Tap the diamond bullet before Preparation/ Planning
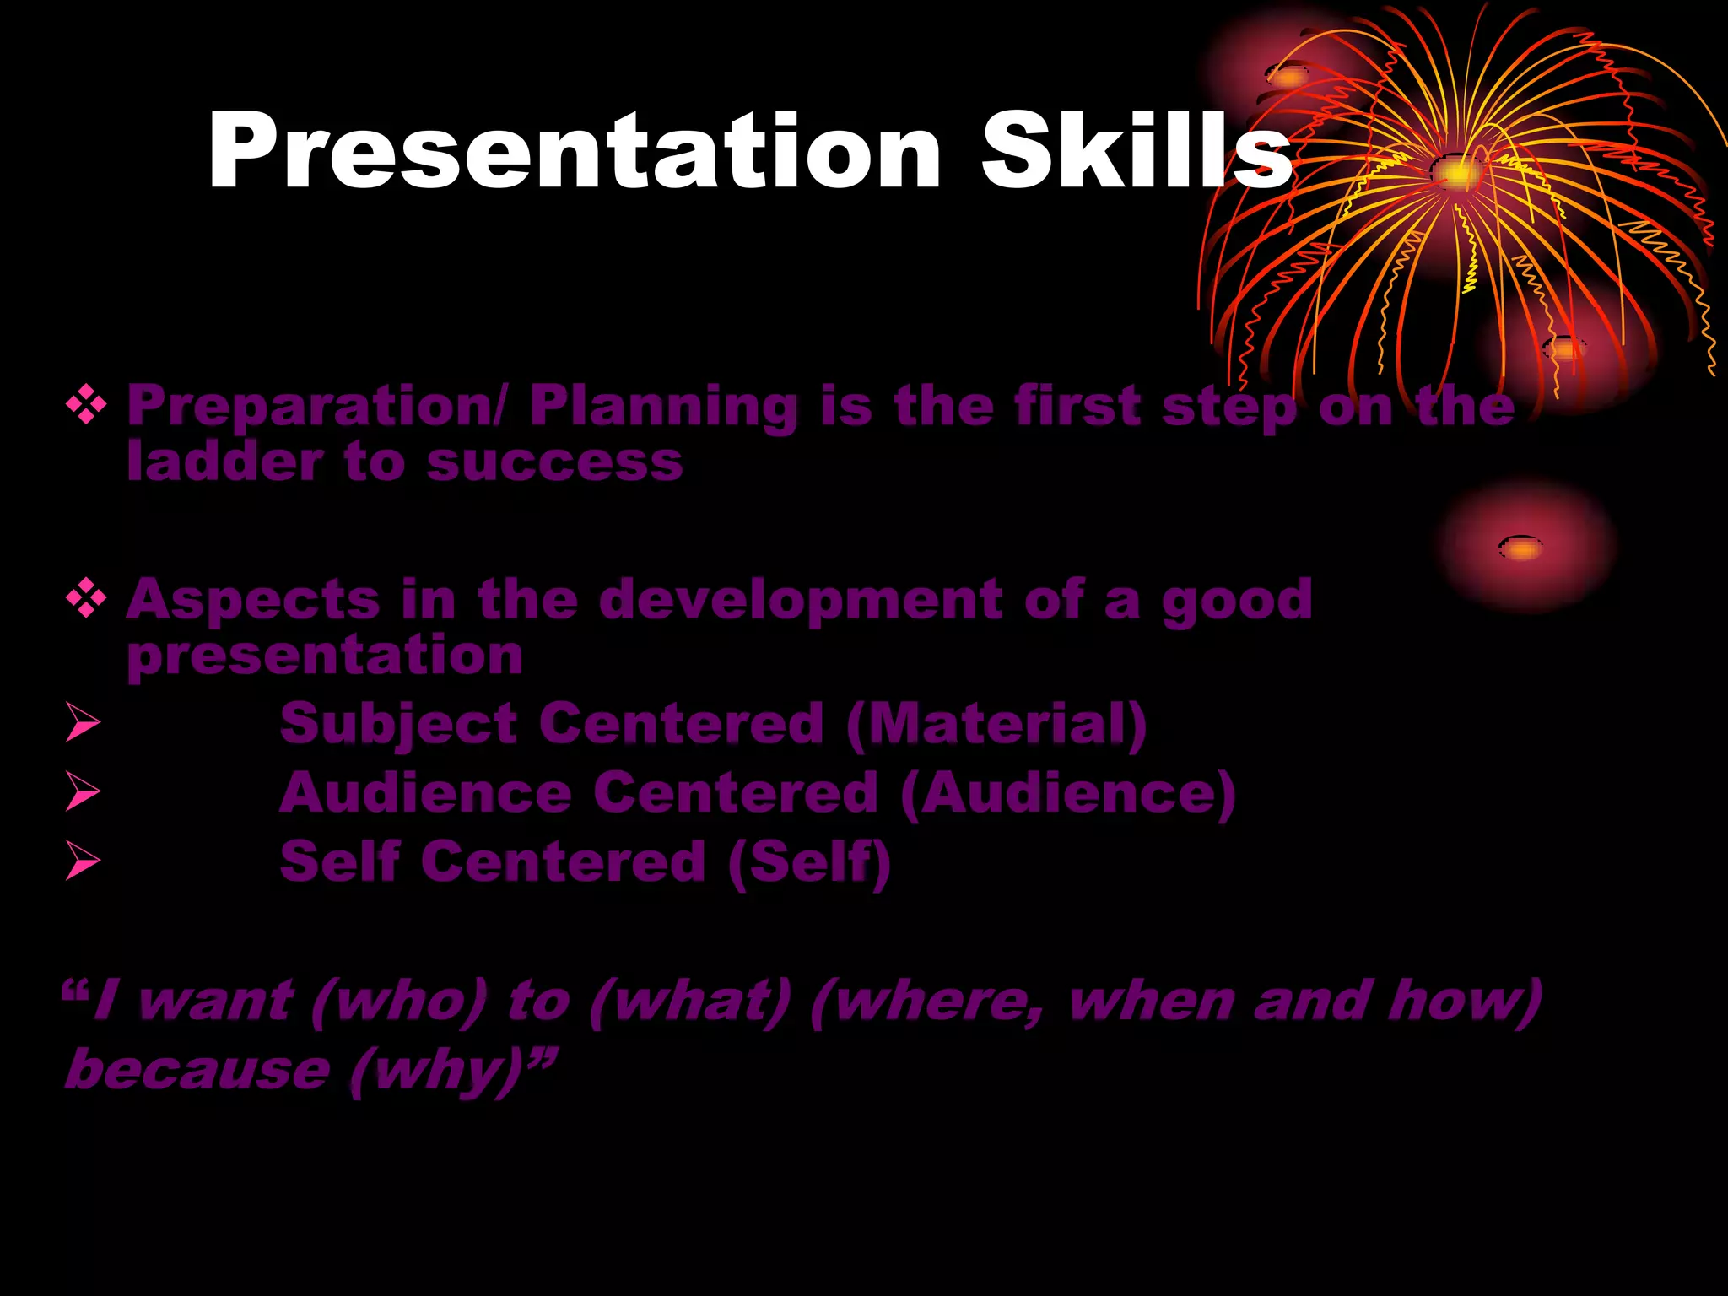click(x=86, y=406)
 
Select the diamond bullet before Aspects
click(x=86, y=600)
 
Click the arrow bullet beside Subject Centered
click(x=83, y=724)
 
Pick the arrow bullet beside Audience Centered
click(x=83, y=793)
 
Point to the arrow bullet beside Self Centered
click(x=83, y=861)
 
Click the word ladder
click(x=224, y=462)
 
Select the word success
click(x=554, y=463)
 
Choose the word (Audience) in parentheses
click(x=1067, y=794)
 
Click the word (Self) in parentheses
click(x=808, y=862)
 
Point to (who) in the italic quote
click(x=398, y=1002)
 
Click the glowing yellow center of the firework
click(x=1455, y=173)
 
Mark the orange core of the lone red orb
click(x=1520, y=548)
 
